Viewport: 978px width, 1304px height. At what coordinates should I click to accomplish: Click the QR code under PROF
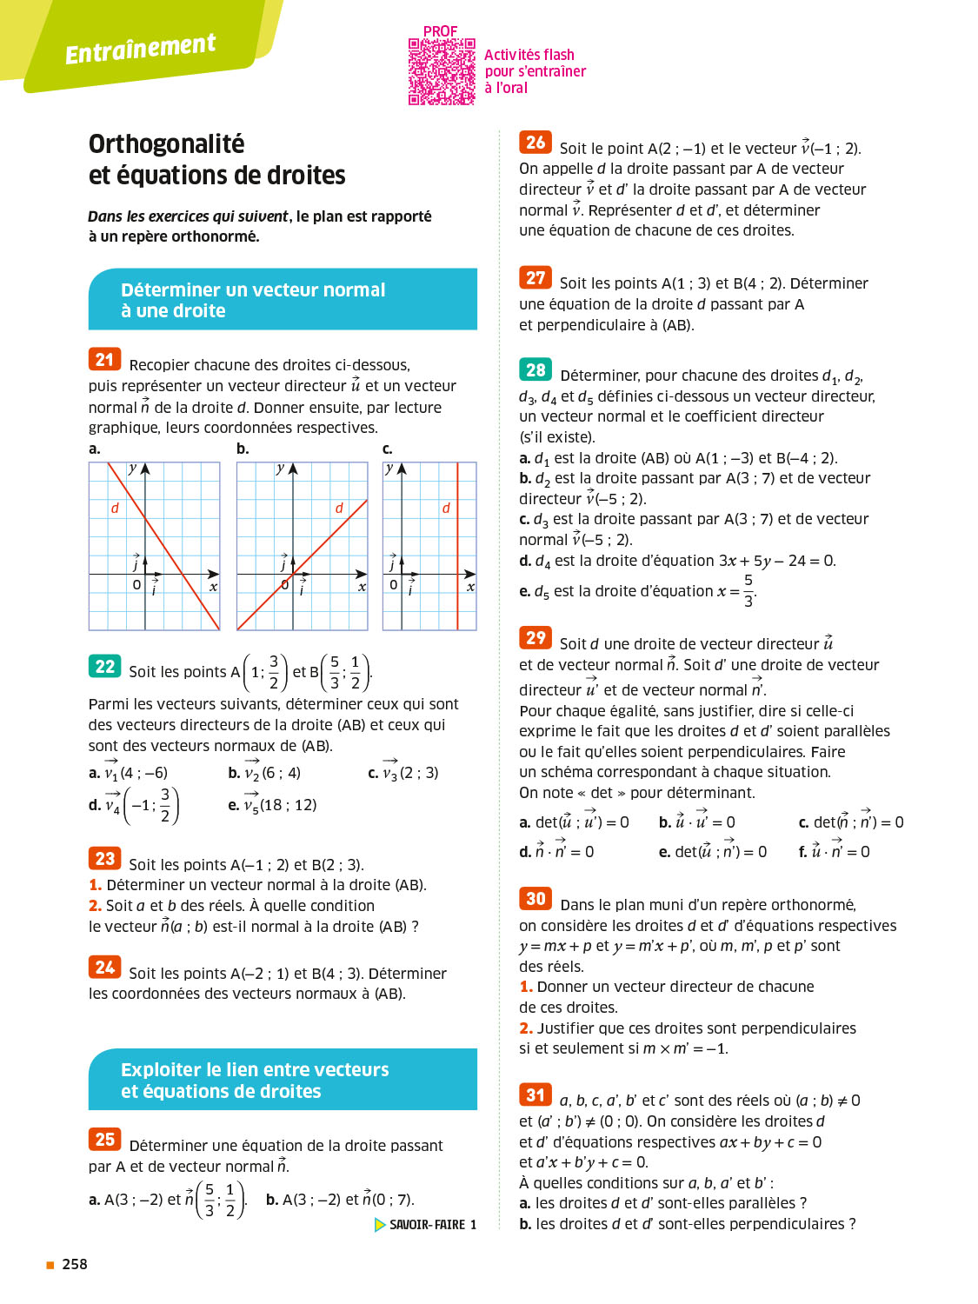coord(442,72)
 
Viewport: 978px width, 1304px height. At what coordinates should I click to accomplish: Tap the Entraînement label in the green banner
coord(140,49)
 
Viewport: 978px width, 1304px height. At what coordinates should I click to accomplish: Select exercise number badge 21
coord(104,359)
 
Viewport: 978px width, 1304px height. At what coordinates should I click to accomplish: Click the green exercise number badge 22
coord(104,666)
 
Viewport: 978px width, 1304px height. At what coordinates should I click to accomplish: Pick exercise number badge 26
coord(536,143)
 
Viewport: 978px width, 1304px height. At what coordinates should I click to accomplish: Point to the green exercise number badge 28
coord(536,369)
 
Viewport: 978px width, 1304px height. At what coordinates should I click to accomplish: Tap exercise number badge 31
coord(536,1094)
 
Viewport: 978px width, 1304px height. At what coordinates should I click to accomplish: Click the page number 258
coord(75,1264)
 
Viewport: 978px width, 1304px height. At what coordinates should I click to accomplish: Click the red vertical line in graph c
coord(458,556)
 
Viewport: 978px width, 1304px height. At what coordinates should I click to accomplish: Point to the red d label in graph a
coord(115,508)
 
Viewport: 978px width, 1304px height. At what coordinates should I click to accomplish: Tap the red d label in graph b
coord(339,508)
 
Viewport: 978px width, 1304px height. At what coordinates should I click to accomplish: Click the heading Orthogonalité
coord(167,143)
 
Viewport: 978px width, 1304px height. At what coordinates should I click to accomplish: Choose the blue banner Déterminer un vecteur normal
coord(283,300)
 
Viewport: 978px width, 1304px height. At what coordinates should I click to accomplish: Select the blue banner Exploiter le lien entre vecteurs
coord(283,1080)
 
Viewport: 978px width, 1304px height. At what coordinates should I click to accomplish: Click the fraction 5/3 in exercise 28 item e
coord(748,590)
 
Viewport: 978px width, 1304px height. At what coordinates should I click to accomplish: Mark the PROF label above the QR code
coord(440,31)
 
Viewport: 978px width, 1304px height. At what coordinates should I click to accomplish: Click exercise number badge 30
coord(536,899)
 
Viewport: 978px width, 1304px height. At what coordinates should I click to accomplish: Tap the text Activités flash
coord(529,55)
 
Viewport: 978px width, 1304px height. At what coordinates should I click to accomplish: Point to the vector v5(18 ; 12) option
coord(273,804)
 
